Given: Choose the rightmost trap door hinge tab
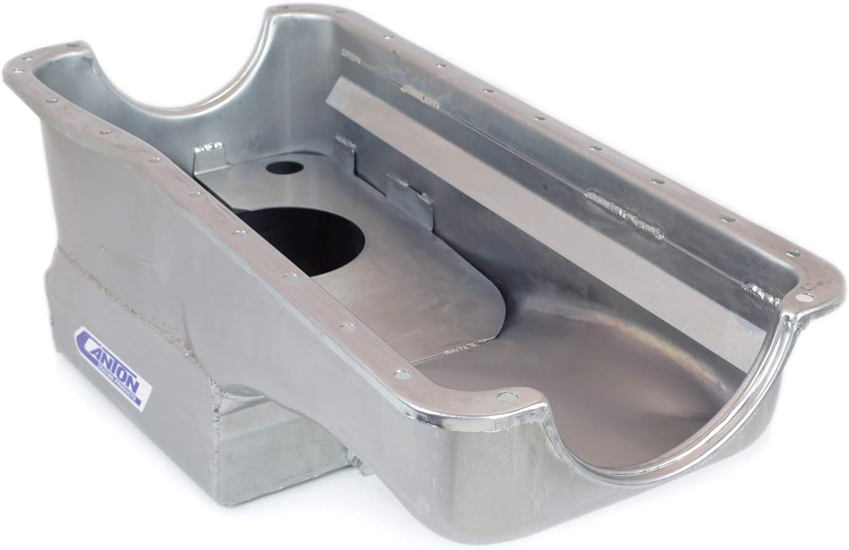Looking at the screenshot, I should click(408, 189).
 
